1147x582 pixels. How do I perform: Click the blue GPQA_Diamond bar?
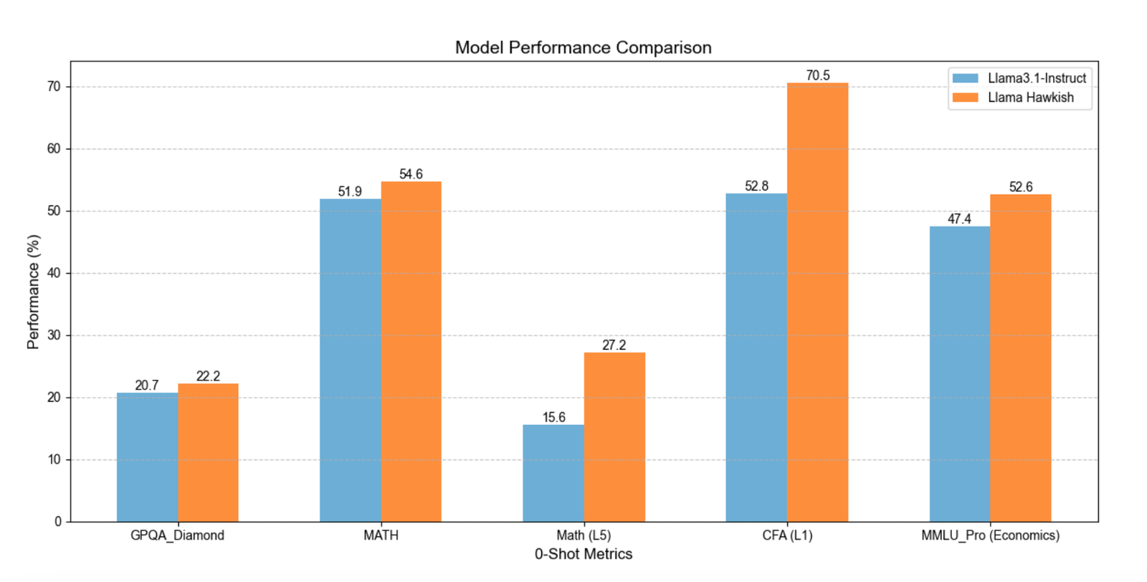point(148,457)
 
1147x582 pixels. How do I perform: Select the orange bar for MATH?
point(411,352)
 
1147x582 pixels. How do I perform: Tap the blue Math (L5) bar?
point(553,473)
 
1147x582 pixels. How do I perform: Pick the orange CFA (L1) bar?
point(818,302)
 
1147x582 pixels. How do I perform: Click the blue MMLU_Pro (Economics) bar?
point(960,374)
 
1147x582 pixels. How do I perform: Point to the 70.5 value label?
point(818,75)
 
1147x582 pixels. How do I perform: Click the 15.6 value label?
point(554,417)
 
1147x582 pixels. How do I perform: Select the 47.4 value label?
point(960,219)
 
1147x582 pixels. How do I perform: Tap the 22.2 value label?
point(209,376)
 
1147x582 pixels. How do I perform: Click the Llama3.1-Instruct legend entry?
point(1019,78)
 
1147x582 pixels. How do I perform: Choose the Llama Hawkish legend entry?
point(1013,97)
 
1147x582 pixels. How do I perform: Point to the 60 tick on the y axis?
point(54,149)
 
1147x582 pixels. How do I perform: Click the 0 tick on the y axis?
point(58,522)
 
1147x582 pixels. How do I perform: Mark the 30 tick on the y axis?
point(54,335)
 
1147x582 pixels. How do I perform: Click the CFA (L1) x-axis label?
point(788,535)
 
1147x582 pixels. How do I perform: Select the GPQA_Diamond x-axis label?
point(177,535)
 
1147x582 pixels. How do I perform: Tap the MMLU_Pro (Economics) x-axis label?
point(990,535)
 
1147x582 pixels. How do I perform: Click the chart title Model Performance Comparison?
point(584,47)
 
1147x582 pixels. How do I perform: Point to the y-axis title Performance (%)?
point(33,292)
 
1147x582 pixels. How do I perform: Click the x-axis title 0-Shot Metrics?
point(584,554)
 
